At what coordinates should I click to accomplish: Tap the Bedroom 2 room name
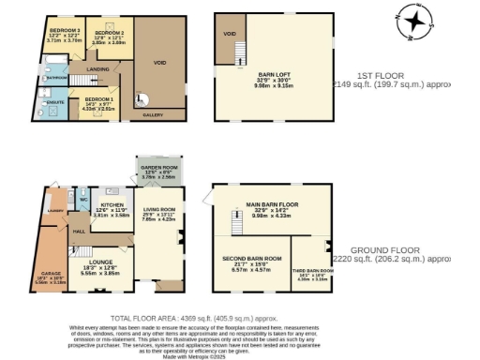109,33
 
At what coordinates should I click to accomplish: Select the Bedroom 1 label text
98,98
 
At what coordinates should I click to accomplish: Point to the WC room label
83,200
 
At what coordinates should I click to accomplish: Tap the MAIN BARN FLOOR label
272,203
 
